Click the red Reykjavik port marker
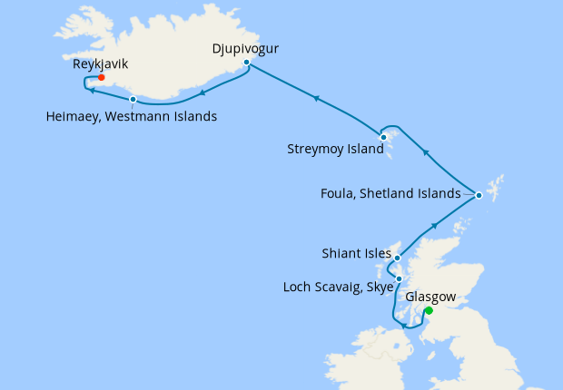point(101,77)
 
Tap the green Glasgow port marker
point(429,310)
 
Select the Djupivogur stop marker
point(246,62)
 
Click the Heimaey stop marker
point(133,99)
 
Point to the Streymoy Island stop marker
point(384,138)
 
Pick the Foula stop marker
point(479,194)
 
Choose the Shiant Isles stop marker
point(398,258)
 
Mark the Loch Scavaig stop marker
point(399,278)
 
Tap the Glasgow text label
point(431,297)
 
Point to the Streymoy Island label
point(335,149)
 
